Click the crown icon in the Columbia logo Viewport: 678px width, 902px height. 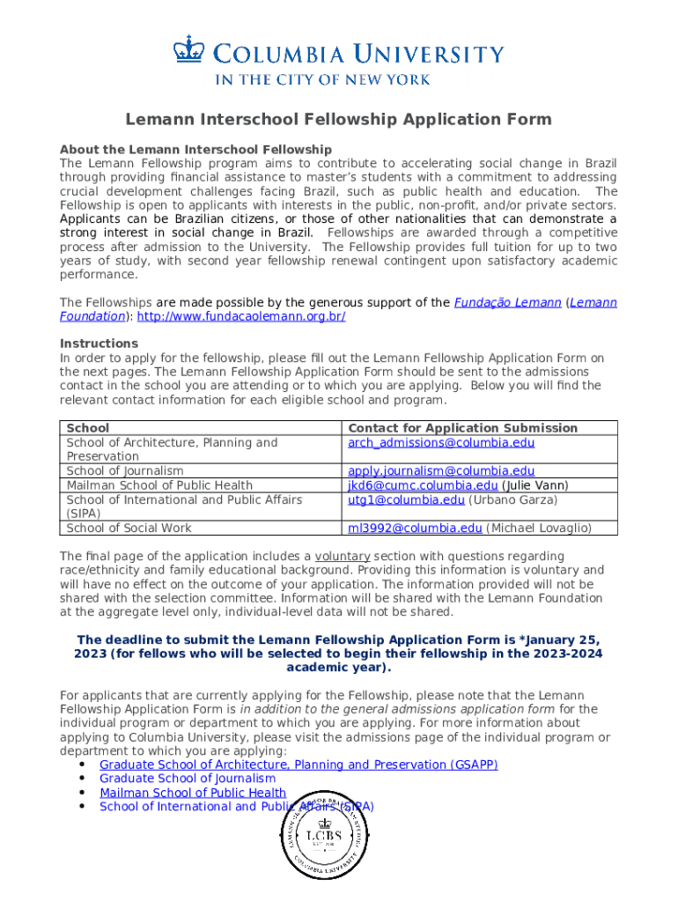188,48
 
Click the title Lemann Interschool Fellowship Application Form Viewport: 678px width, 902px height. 338,119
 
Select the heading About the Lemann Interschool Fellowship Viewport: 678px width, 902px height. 195,150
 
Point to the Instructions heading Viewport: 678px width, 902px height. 99,344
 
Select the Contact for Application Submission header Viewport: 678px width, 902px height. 463,428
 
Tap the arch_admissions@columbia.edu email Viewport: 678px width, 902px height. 441,442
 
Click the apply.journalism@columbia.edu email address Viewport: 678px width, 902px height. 441,471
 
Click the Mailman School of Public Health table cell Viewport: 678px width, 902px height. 159,485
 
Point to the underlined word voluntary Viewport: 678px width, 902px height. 343,557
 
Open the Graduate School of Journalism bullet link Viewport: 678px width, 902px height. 188,779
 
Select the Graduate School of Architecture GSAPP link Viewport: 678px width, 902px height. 298,765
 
